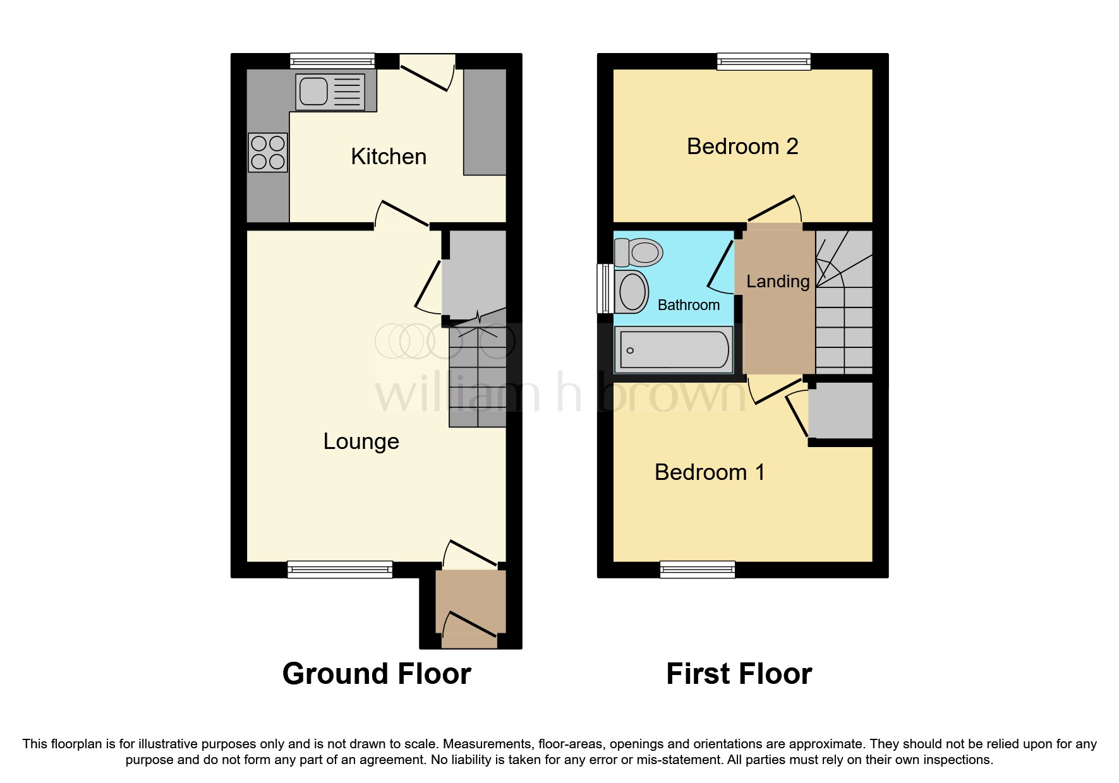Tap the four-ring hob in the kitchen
click(x=268, y=152)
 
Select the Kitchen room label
click(x=389, y=157)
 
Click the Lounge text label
click(x=361, y=441)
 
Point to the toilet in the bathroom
click(x=639, y=253)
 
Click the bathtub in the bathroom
click(x=674, y=349)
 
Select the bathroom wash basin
click(x=632, y=292)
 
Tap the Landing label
click(x=778, y=282)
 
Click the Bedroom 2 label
click(x=742, y=146)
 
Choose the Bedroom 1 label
click(x=710, y=472)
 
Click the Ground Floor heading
click(x=377, y=674)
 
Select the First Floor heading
click(x=739, y=674)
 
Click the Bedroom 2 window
click(x=763, y=61)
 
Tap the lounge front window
click(x=340, y=570)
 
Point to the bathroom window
click(x=605, y=289)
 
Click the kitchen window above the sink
click(x=332, y=61)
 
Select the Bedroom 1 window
click(x=698, y=570)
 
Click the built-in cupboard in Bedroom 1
click(x=840, y=410)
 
